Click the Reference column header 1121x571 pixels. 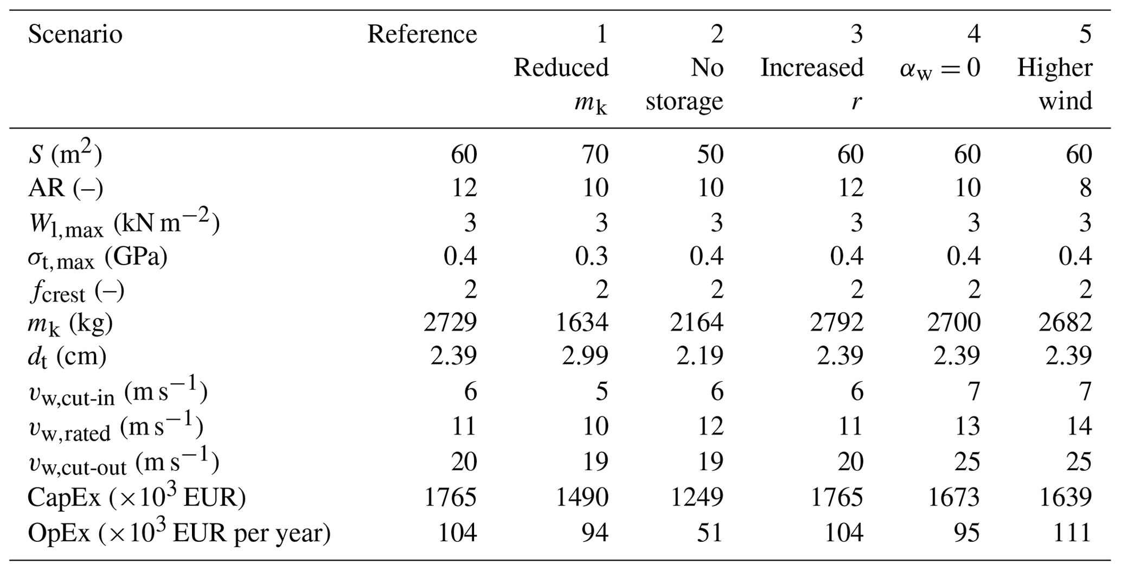click(422, 34)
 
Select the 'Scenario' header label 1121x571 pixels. click(75, 35)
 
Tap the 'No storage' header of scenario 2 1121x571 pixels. click(684, 84)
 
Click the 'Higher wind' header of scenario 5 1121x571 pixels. click(1054, 84)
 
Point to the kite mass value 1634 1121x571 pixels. click(582, 323)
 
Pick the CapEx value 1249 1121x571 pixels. click(697, 497)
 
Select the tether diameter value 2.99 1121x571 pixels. click(585, 356)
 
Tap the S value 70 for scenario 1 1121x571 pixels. click(595, 155)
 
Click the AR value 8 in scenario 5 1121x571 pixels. click(1085, 188)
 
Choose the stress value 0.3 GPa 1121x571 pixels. click(592, 255)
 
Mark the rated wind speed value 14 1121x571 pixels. click(1078, 426)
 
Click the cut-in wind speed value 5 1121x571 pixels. click(602, 391)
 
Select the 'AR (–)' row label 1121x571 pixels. click(65, 188)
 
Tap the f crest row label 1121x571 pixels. click(76, 292)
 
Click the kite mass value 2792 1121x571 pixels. click(837, 323)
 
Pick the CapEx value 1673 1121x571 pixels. click(954, 497)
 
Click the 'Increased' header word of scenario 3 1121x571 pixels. click(811, 68)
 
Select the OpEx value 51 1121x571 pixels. click(709, 533)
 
